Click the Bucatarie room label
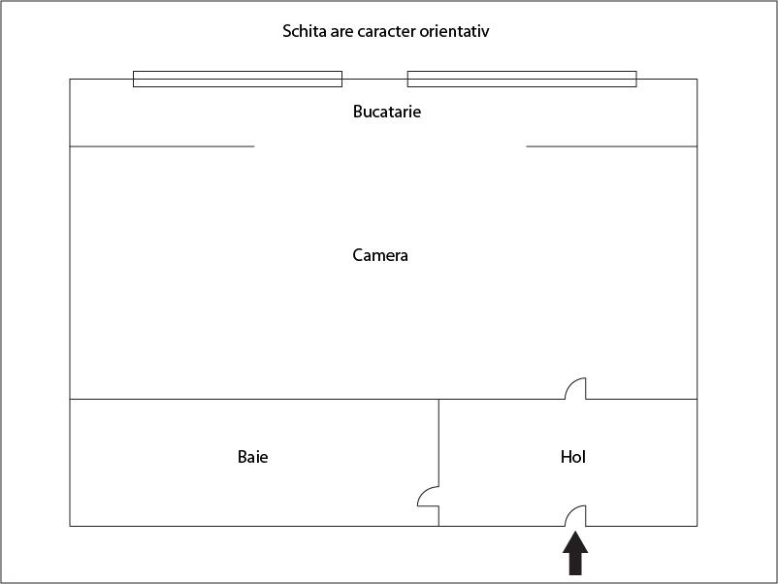(387, 112)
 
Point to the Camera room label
(380, 255)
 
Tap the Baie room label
(252, 457)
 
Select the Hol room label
(573, 457)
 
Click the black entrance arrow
(575, 553)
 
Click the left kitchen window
(238, 79)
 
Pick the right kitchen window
(522, 79)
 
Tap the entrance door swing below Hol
(575, 516)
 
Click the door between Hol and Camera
(575, 388)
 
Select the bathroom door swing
(428, 496)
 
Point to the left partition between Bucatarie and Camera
(162, 146)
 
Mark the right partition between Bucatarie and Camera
(612, 146)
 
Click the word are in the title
(342, 32)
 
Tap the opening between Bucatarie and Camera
(391, 146)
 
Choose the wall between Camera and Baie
(254, 399)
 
